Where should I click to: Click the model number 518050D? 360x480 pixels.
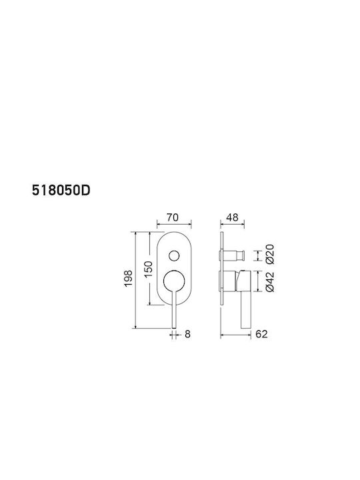click(61, 191)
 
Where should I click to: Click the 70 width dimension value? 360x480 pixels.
click(173, 217)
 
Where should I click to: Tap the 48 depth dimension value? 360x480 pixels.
click(232, 217)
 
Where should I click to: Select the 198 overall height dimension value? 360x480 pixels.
click(128, 278)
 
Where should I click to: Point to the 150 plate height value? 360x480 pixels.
click(148, 269)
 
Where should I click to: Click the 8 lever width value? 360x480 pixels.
click(187, 334)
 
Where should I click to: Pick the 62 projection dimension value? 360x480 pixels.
click(261, 334)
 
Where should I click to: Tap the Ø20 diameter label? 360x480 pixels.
click(270, 254)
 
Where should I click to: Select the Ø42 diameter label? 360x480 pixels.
click(270, 282)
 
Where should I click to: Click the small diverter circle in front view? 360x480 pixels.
click(174, 255)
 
